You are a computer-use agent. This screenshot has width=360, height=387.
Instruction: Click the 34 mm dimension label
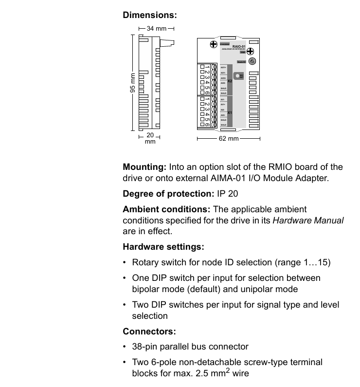[157, 29]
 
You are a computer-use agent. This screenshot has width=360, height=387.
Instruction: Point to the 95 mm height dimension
[132, 83]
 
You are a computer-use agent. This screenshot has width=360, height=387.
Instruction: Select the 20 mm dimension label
[150, 138]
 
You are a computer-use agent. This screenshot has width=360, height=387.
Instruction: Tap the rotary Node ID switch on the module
[252, 61]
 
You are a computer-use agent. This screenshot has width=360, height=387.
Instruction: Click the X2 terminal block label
[230, 80]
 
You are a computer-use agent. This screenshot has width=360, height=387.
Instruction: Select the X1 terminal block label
[230, 112]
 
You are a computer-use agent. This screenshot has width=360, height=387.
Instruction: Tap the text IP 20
[227, 194]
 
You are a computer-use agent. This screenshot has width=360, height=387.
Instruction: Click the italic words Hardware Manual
[308, 221]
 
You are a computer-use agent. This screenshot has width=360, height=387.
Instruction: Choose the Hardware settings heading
[163, 247]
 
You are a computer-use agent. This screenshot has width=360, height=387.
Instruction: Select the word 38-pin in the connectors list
[146, 347]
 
